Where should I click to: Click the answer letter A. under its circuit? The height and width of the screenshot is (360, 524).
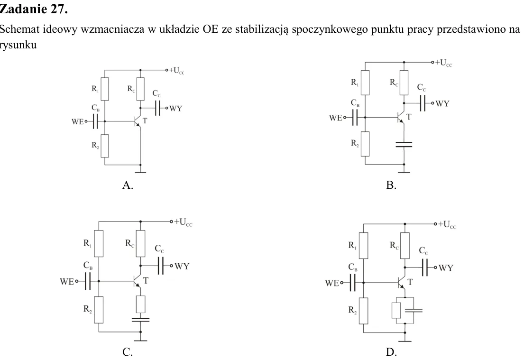[128, 185]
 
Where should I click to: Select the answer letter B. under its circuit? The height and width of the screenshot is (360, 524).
[391, 185]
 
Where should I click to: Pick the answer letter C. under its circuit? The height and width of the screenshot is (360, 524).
[128, 351]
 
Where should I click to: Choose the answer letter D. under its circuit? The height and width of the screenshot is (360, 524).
[391, 351]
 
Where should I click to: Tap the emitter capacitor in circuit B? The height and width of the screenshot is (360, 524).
[404, 144]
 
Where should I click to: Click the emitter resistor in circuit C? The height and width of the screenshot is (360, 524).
[141, 304]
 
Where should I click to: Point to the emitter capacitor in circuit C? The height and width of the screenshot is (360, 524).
[141, 320]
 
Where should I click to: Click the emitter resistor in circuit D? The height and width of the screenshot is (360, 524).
[396, 311]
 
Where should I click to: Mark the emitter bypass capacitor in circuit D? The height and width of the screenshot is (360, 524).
[414, 311]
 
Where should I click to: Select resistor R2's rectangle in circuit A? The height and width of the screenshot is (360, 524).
[105, 146]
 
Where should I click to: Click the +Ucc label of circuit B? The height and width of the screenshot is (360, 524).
[443, 63]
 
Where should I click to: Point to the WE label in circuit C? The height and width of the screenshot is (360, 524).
[66, 281]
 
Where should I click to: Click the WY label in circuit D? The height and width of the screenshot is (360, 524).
[446, 268]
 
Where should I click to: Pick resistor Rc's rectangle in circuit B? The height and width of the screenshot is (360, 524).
[404, 83]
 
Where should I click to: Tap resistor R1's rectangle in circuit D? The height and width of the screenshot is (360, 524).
[364, 246]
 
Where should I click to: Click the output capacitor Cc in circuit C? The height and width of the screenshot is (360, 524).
[161, 266]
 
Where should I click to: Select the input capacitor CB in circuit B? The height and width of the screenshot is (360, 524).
[355, 117]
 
